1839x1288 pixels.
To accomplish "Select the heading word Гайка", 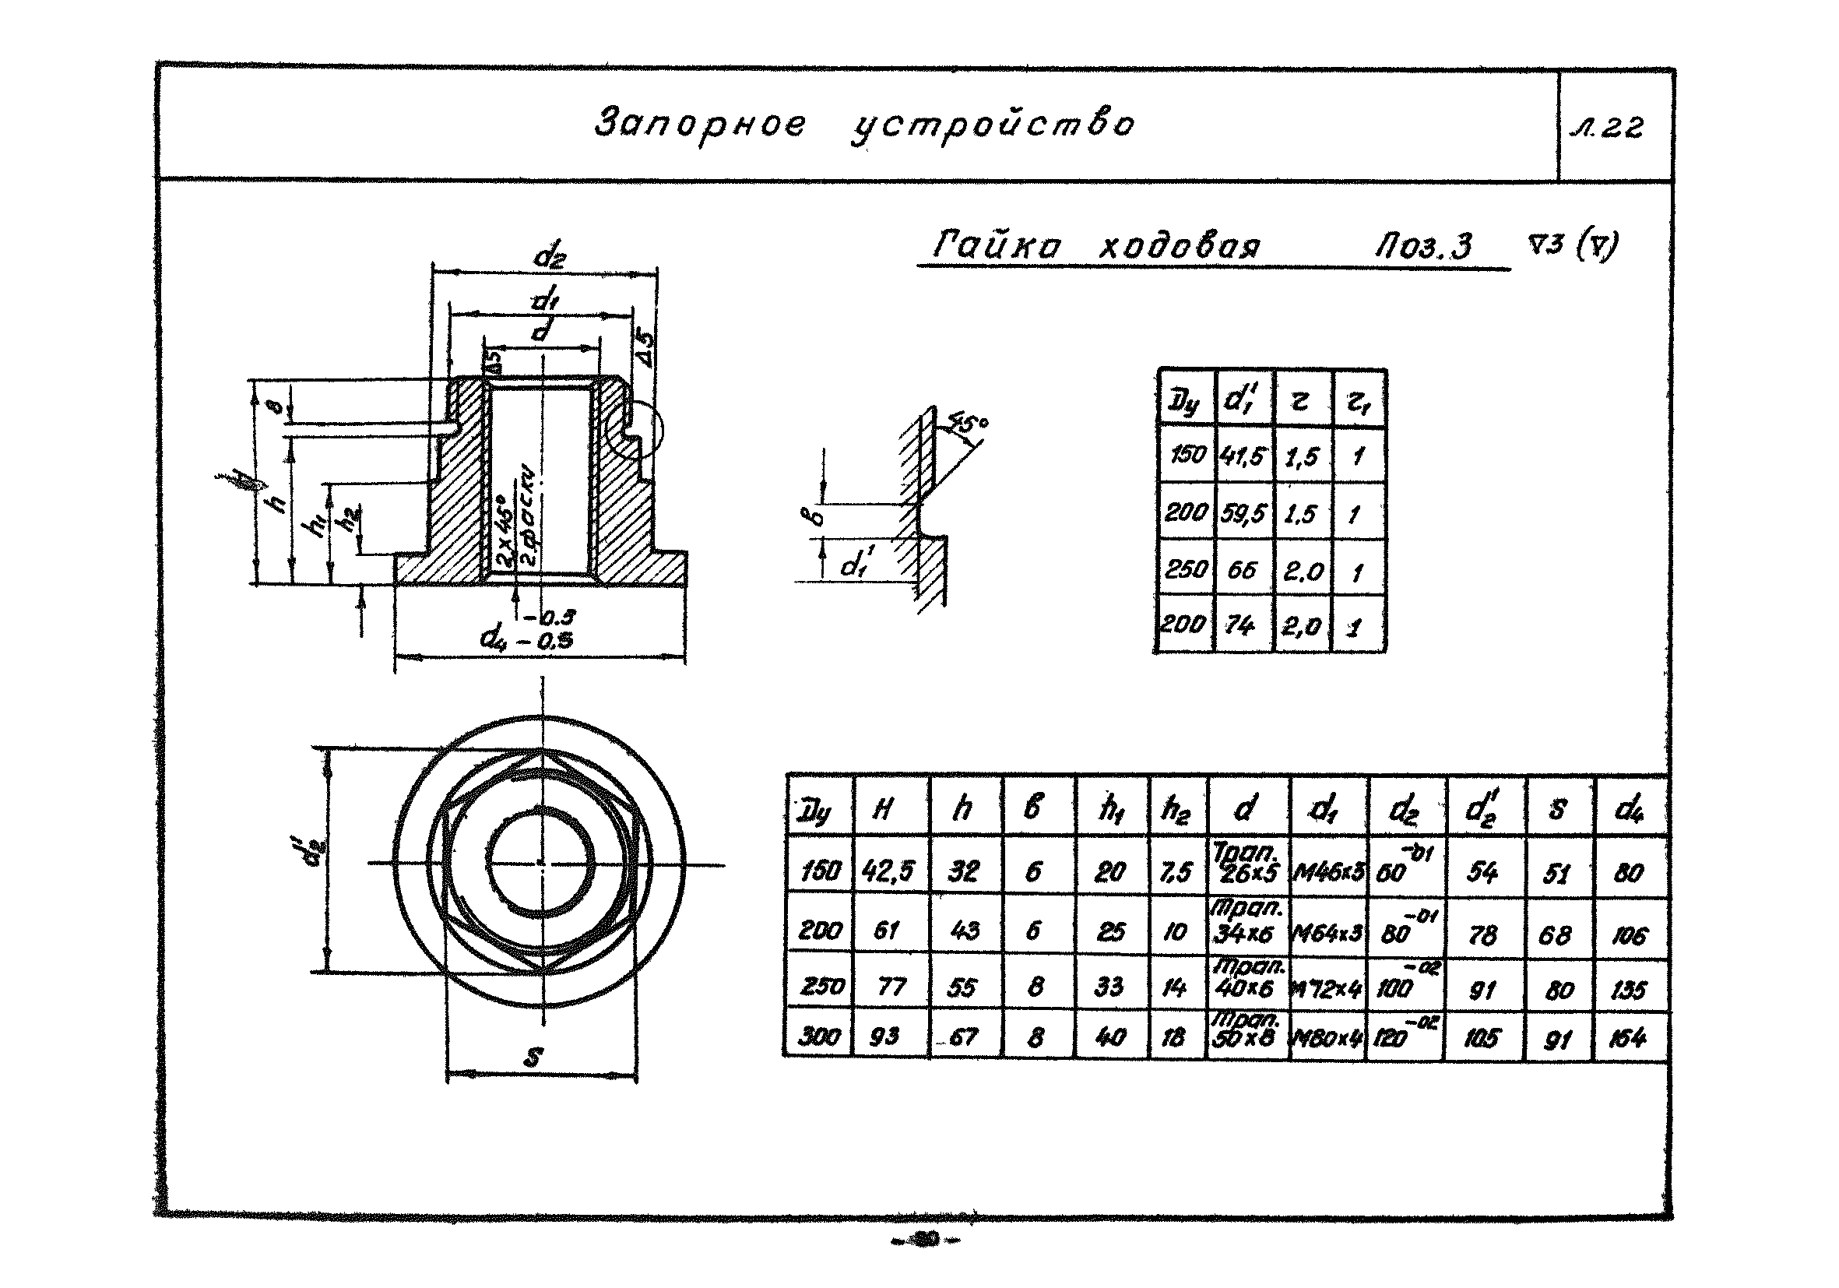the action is tap(997, 245).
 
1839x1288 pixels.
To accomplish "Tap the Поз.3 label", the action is tap(1423, 246).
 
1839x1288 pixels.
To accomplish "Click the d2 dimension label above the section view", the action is tap(549, 256).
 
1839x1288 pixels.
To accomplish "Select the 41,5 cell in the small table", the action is tap(1242, 456).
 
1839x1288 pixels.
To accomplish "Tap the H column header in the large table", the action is tap(882, 810).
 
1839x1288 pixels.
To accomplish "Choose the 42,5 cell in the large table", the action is tap(888, 871).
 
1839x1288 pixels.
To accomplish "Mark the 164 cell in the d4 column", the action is tap(1627, 1039).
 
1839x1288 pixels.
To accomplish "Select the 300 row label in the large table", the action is tap(818, 1037).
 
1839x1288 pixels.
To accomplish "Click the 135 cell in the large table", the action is tap(1627, 990).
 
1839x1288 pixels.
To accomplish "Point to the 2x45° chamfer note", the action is tap(505, 529).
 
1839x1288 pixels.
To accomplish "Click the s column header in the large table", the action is tap(1556, 809).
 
